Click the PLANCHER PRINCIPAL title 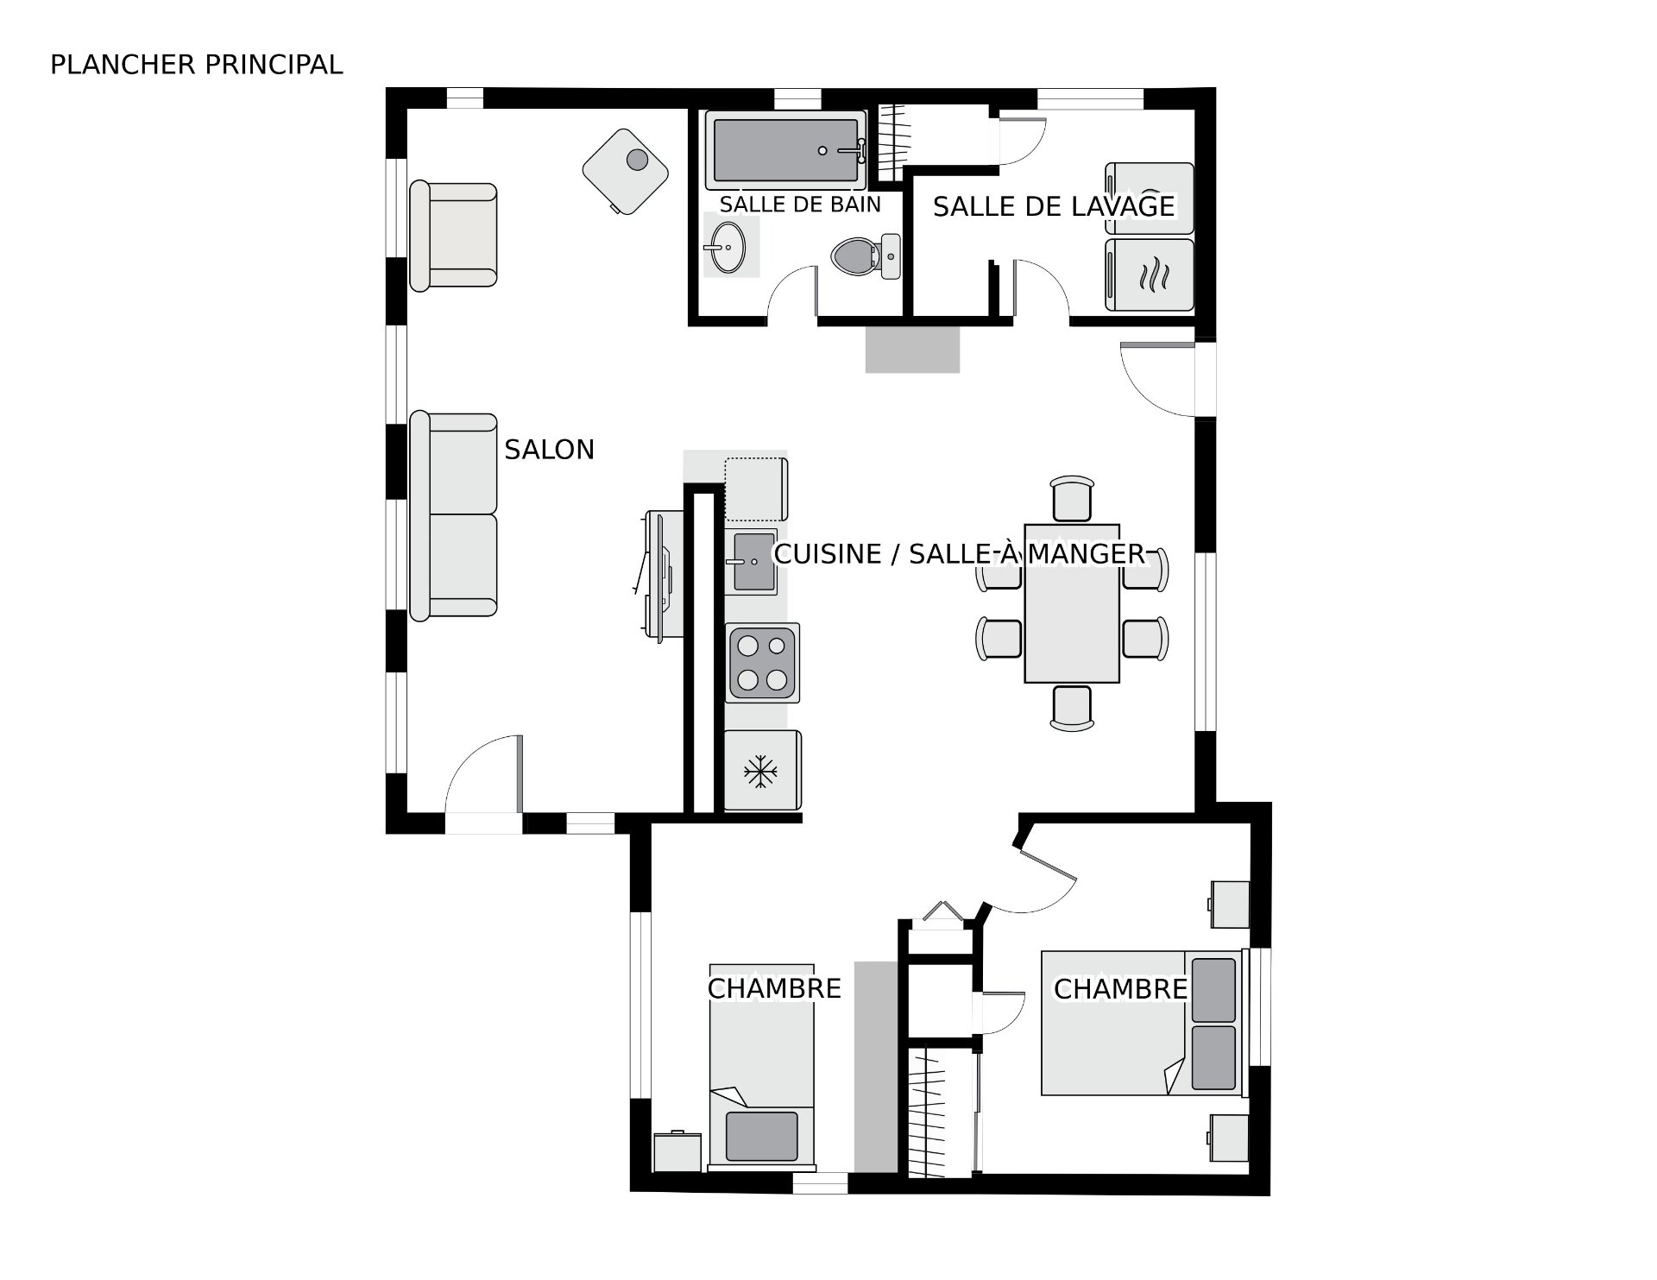[x=197, y=65]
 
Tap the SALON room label [x=550, y=450]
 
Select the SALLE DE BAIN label [x=800, y=205]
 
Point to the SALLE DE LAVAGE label [x=1054, y=206]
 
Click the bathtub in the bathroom [x=786, y=150]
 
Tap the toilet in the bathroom [x=866, y=255]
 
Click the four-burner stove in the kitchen [x=762, y=662]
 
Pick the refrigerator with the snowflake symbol [x=762, y=770]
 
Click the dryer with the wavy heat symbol [x=1150, y=274]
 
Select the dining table [x=1072, y=602]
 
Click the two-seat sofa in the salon [x=453, y=515]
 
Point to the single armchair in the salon [x=453, y=236]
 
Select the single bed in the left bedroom [x=761, y=1067]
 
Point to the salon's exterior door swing [x=483, y=773]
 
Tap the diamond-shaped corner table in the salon [x=627, y=170]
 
